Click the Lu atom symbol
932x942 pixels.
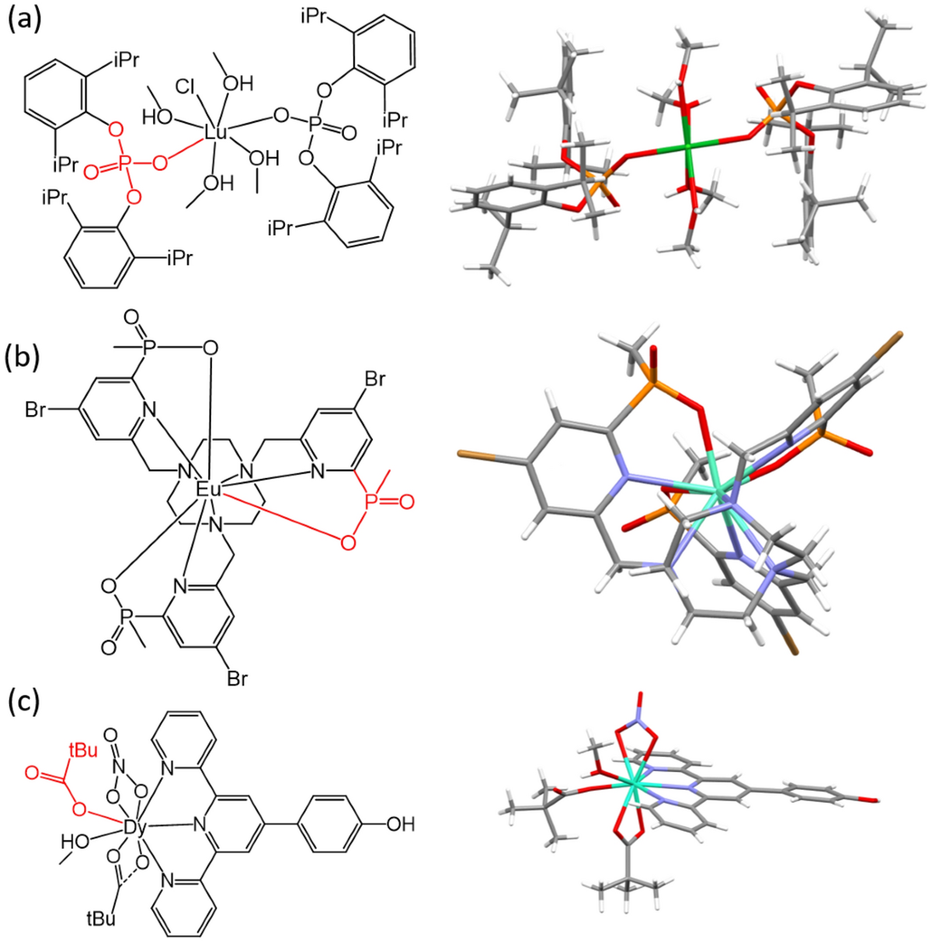click(x=215, y=134)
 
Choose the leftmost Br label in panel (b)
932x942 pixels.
click(x=36, y=410)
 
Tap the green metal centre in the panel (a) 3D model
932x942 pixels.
click(x=687, y=146)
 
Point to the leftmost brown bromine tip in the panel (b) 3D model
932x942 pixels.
click(x=464, y=452)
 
